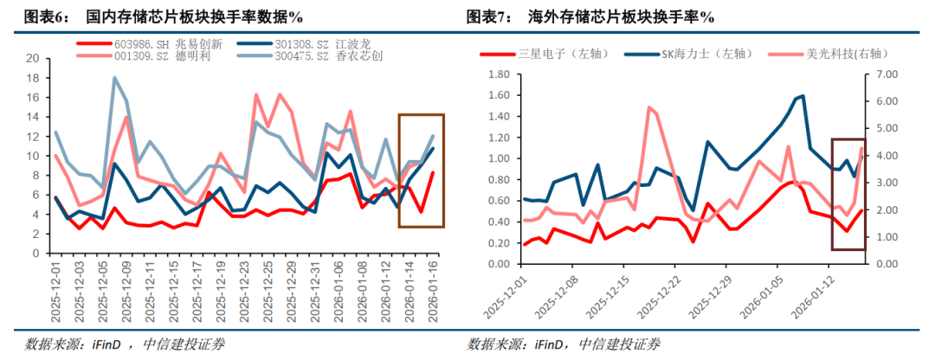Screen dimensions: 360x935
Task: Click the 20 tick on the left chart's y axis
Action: pyautogui.click(x=33, y=58)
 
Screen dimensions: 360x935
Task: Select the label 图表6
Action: pyautogui.click(x=44, y=16)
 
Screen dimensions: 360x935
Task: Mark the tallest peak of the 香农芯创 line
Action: pyautogui.click(x=115, y=78)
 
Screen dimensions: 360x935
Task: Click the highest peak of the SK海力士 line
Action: pyautogui.click(x=803, y=95)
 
